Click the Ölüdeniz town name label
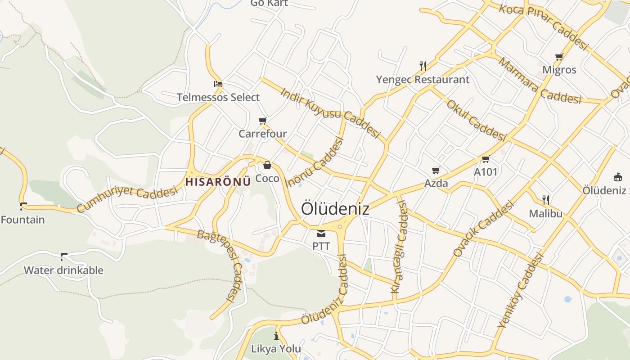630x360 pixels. [335, 209]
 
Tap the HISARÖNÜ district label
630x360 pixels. [218, 182]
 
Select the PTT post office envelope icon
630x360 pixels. [321, 233]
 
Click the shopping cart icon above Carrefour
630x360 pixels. [263, 121]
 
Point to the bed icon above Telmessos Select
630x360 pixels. [218, 84]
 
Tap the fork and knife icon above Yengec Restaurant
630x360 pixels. [423, 66]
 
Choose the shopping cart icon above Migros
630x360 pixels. [559, 57]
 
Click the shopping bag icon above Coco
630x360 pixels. [267, 165]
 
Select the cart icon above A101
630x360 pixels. [486, 159]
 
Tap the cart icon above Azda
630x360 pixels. [436, 170]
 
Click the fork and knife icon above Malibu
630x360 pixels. [545, 200]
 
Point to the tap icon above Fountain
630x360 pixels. [22, 207]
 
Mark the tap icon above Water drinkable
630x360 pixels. [63, 257]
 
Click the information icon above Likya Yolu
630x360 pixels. [276, 336]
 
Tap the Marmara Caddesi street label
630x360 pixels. [540, 81]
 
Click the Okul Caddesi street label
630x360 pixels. [476, 120]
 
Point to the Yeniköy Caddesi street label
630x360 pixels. [521, 291]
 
